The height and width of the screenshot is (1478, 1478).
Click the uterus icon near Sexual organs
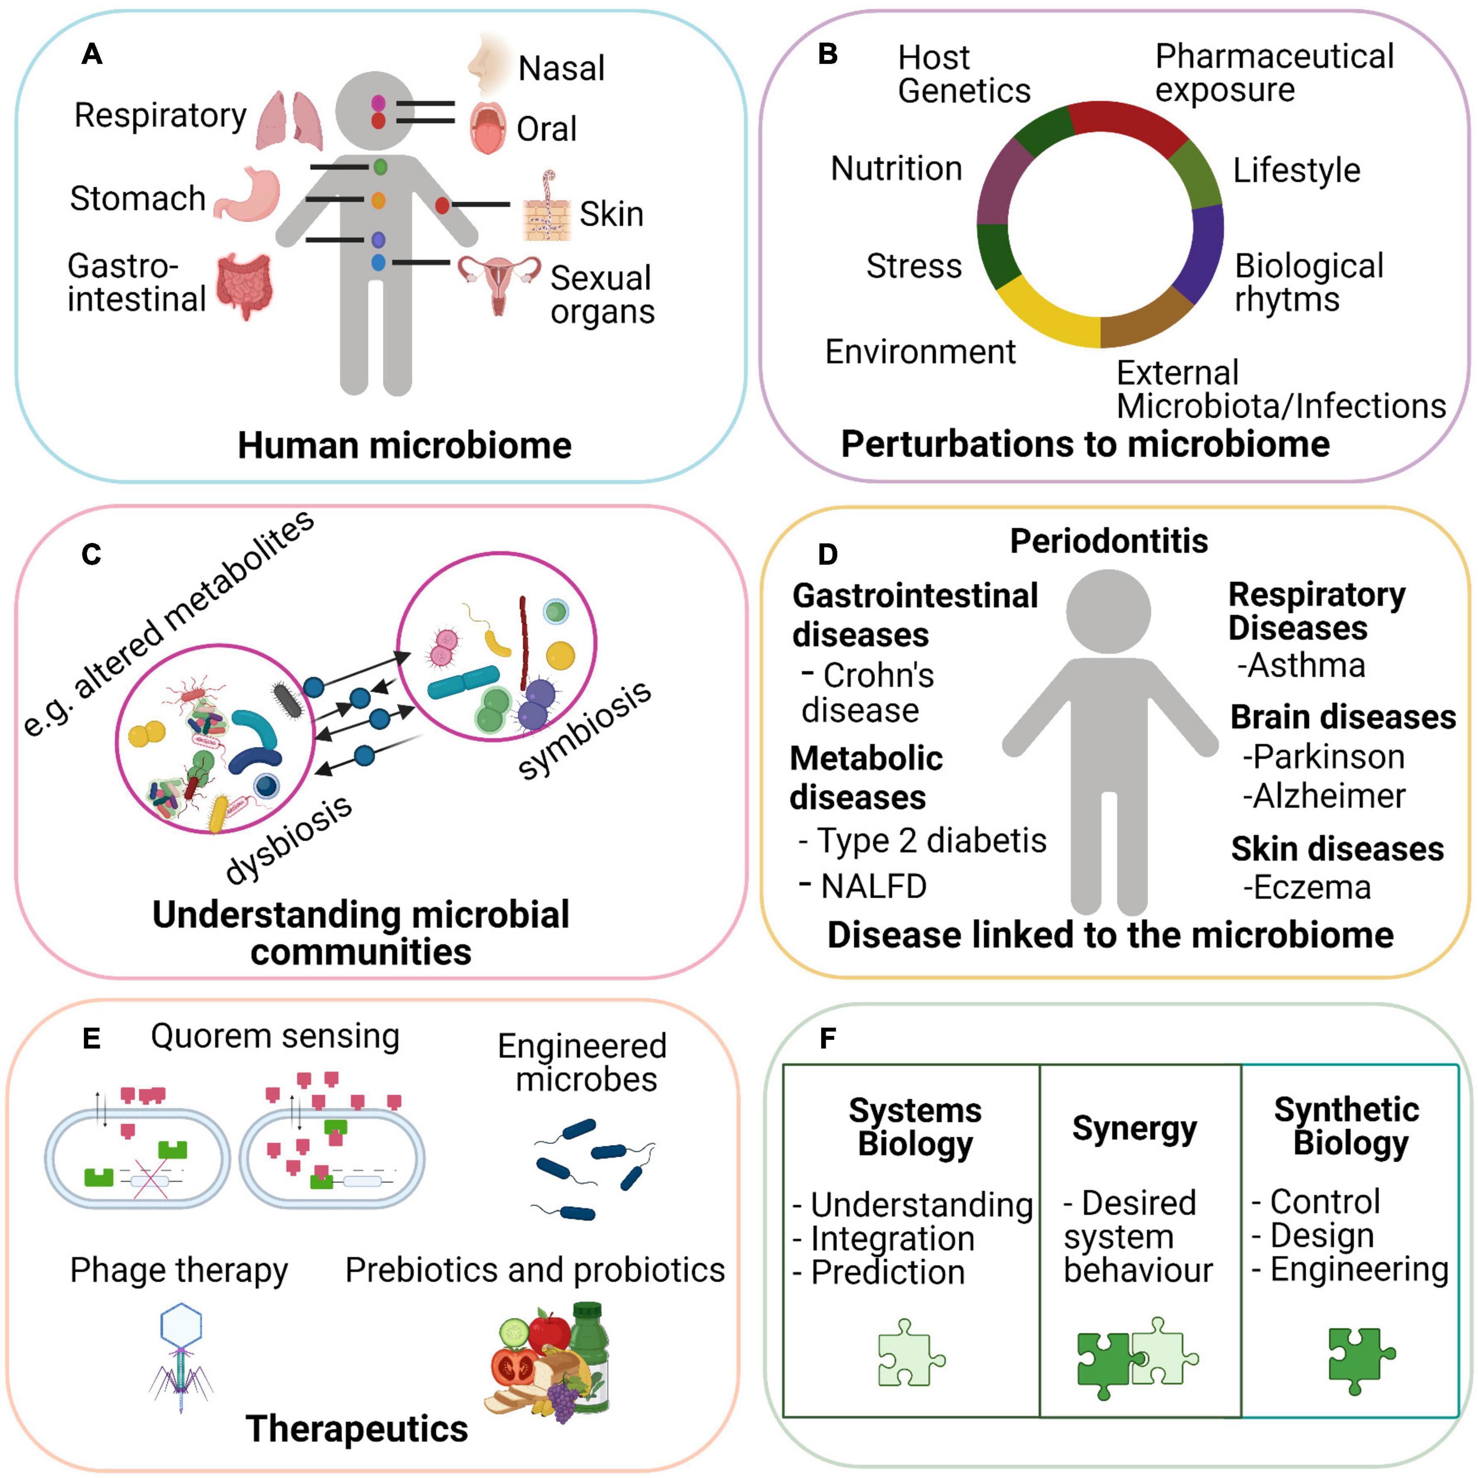pos(499,283)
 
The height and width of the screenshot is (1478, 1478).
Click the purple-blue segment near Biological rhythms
pos(1201,253)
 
